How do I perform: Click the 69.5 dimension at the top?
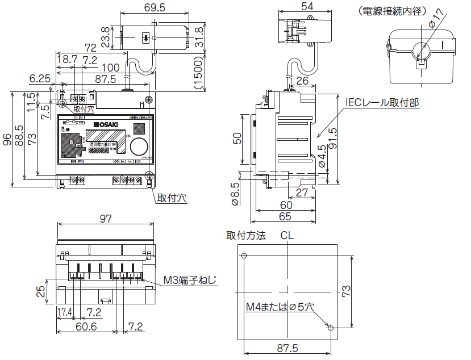[139, 7]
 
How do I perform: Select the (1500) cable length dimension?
[198, 72]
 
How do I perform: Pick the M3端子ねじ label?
[189, 280]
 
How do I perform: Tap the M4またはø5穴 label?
[280, 307]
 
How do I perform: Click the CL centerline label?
[287, 236]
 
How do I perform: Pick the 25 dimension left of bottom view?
[41, 292]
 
